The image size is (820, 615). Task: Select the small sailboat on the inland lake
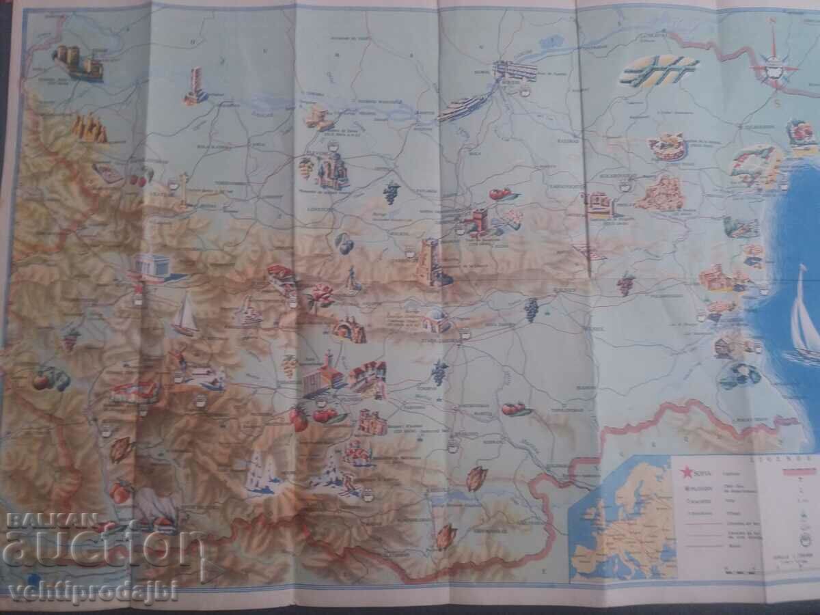tap(184, 318)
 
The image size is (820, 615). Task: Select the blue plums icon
tap(344, 243)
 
